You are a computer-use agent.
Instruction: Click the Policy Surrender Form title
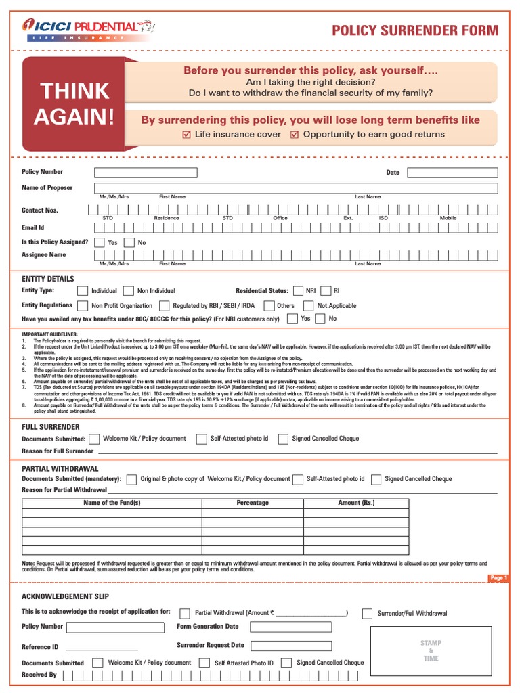[x=414, y=30]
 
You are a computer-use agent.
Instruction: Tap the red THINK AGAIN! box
[x=74, y=104]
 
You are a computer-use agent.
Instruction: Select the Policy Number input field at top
[x=146, y=173]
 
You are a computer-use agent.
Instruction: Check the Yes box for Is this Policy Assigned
[x=100, y=242]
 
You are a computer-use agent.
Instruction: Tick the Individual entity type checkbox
[x=83, y=290]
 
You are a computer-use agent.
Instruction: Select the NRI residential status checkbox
[x=298, y=290]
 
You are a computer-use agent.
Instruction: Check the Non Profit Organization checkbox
[x=83, y=306]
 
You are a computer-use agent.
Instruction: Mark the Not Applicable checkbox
[x=308, y=306]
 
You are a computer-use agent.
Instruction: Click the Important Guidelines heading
[x=49, y=334]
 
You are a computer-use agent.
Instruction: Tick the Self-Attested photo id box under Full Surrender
[x=201, y=439]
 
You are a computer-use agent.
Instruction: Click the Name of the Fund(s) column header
[x=112, y=503]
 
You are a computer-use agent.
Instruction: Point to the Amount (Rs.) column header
[x=355, y=503]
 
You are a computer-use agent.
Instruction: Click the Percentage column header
[x=252, y=503]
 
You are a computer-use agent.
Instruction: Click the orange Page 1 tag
[x=498, y=578]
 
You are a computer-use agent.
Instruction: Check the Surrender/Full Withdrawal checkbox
[x=367, y=614]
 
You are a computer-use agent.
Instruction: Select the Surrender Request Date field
[x=291, y=646]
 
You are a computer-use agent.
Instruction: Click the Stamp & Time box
[x=431, y=650]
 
